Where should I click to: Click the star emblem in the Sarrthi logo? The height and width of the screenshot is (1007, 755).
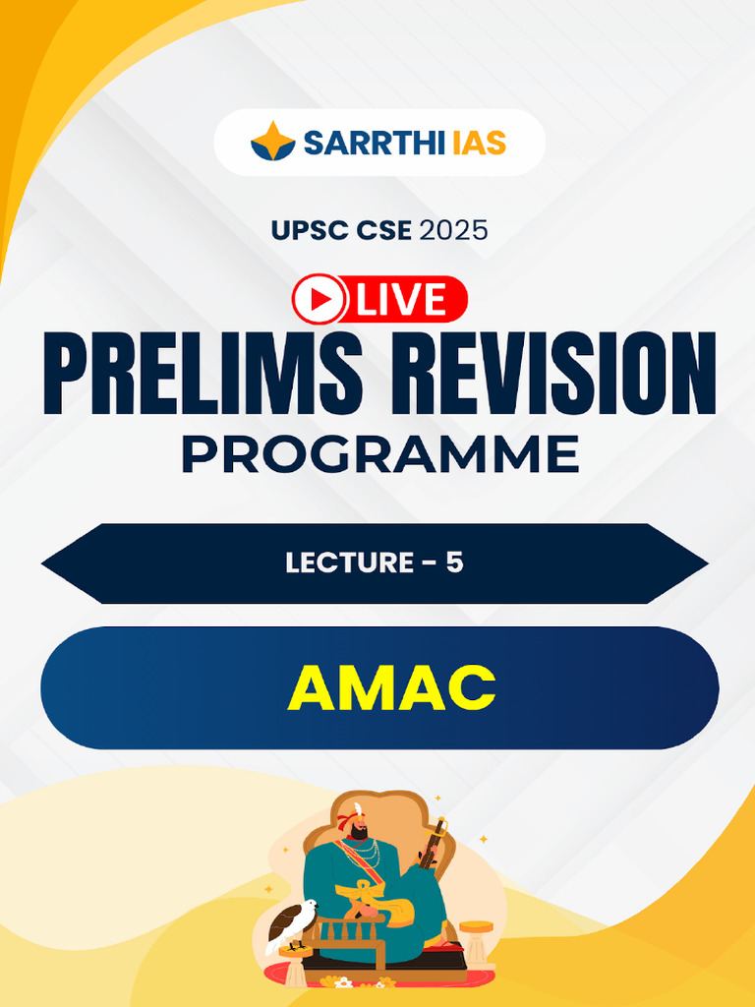[272, 142]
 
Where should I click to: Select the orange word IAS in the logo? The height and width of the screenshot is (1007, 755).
[480, 143]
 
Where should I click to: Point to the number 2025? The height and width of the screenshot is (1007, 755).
[453, 231]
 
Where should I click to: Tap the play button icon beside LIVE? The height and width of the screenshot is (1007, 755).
[319, 300]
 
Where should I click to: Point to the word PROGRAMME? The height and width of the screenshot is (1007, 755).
[379, 454]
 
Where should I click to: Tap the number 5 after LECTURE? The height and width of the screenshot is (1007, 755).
[454, 563]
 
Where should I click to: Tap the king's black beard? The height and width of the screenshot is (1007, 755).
[361, 832]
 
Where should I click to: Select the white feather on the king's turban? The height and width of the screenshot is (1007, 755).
[358, 810]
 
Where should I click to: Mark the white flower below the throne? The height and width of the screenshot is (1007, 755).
[342, 981]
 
